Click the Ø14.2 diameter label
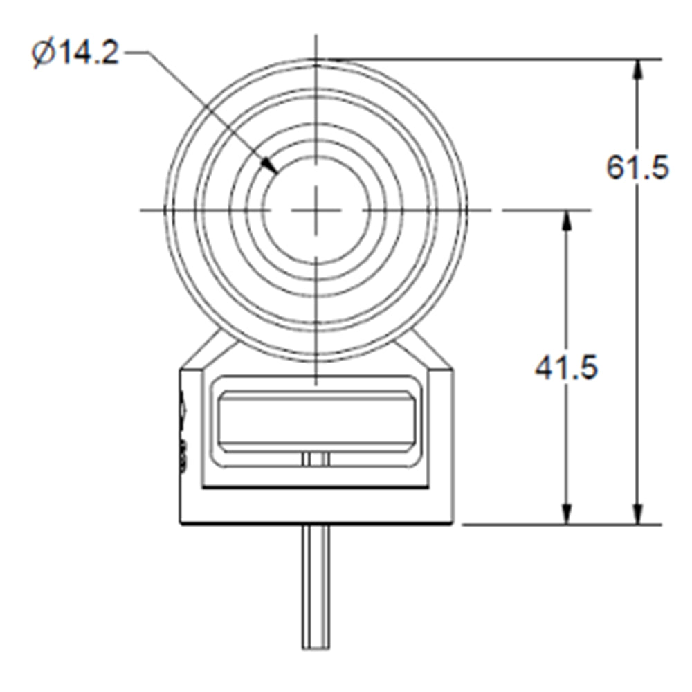click(x=75, y=53)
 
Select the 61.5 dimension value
click(x=637, y=167)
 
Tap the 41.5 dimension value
click(x=566, y=367)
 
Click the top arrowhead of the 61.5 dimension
click(x=637, y=69)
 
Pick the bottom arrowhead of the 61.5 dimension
click(x=637, y=513)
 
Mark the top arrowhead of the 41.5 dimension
click(x=567, y=220)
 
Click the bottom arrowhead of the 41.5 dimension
click(x=567, y=513)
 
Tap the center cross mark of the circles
click(x=316, y=210)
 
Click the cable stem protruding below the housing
click(x=316, y=587)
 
